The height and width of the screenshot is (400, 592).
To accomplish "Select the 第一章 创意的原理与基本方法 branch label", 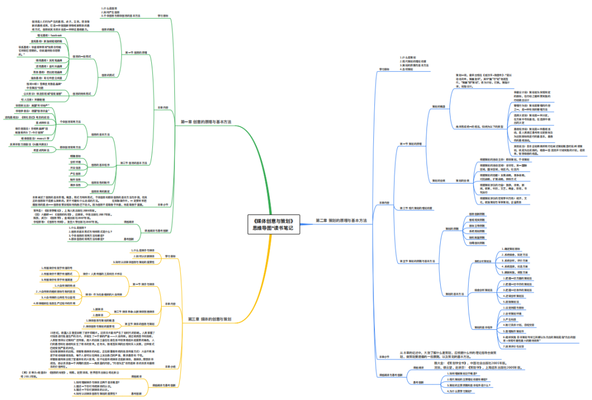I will coord(206,122).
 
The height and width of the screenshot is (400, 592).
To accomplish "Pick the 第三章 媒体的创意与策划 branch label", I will coord(209,318).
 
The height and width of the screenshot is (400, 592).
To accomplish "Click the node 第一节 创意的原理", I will coord(136,53).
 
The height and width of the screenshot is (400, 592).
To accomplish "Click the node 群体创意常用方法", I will coord(70,147).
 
